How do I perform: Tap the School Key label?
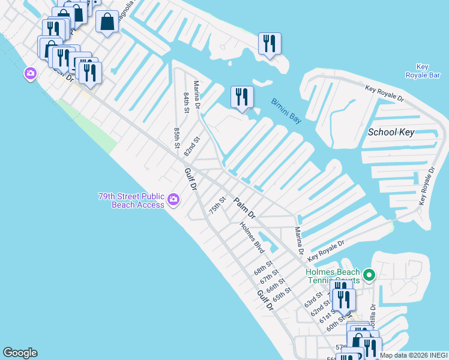pos(391,132)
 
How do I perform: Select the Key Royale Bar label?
pos(430,70)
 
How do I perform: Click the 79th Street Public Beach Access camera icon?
pos(173,199)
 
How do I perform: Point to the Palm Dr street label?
pos(245,208)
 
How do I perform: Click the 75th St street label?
pos(217,206)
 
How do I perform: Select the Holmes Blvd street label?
pos(252,236)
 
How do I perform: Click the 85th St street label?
pos(177,137)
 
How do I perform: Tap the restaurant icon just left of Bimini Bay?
pos(242,97)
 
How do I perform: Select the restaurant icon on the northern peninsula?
pos(270,43)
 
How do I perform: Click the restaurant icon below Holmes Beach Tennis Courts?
pos(343,299)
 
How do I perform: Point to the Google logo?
pos(20,353)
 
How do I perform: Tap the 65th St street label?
pos(282,294)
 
